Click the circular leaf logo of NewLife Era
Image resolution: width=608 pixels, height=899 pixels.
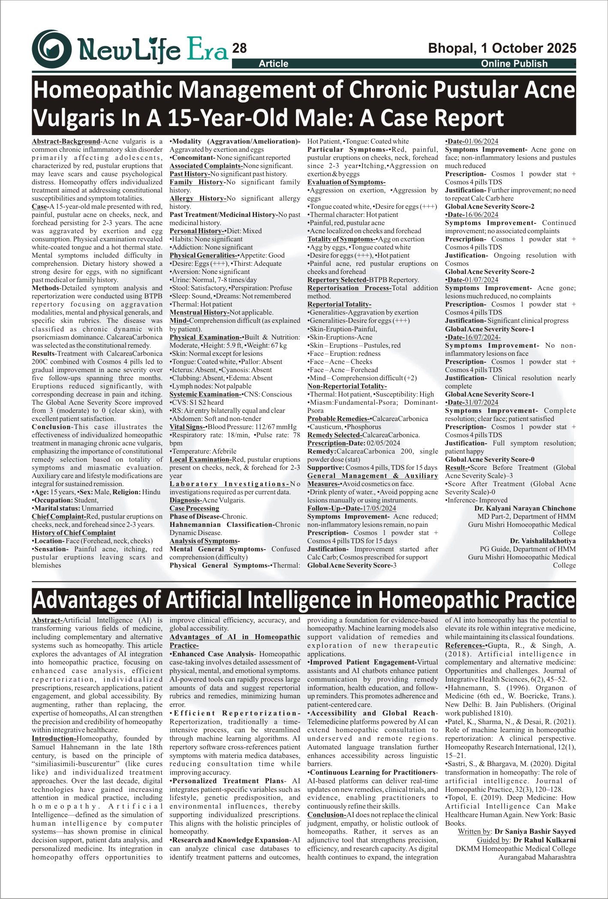click(x=52, y=49)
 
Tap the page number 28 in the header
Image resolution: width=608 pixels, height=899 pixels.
click(x=240, y=48)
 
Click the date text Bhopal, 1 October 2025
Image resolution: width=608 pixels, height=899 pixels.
click(x=502, y=48)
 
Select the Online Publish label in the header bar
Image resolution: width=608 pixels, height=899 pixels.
click(x=514, y=64)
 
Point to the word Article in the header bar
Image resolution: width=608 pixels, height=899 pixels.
click(x=274, y=64)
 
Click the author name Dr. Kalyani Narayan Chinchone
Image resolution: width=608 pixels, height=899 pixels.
click(x=525, y=508)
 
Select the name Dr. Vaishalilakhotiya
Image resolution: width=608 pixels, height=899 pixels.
click(x=542, y=541)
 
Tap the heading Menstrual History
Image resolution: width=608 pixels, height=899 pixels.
click(x=199, y=313)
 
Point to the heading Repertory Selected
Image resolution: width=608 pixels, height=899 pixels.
click(x=337, y=280)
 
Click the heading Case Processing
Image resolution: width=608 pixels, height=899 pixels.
click(x=194, y=508)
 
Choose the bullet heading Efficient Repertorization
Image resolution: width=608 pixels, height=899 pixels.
click(x=235, y=713)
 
